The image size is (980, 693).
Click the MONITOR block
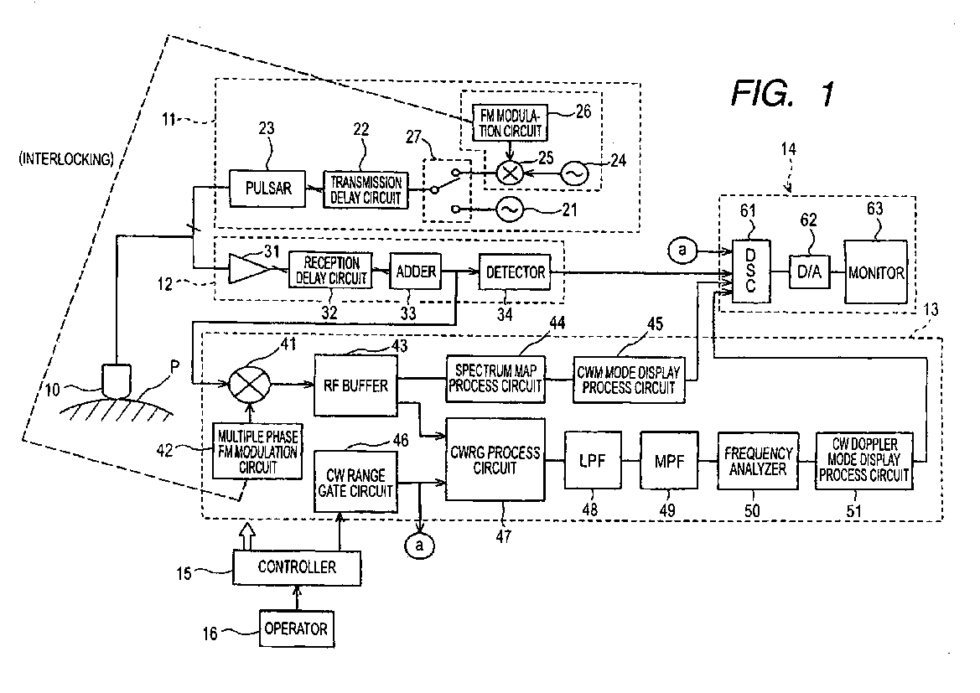click(x=876, y=272)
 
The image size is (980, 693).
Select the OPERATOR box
click(x=297, y=627)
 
